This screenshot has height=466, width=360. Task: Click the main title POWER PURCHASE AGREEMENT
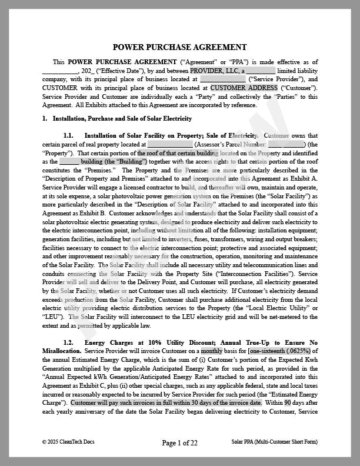click(x=179, y=47)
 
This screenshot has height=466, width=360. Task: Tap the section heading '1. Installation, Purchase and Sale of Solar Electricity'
click(x=109, y=118)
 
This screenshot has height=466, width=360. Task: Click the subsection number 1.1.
click(x=68, y=135)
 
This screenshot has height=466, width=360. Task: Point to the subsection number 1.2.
click(x=68, y=342)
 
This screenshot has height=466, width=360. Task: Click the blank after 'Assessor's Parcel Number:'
click(x=286, y=144)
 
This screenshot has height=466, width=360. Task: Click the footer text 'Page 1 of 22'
click(x=179, y=442)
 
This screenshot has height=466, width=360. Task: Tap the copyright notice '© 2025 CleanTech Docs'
click(x=68, y=441)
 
